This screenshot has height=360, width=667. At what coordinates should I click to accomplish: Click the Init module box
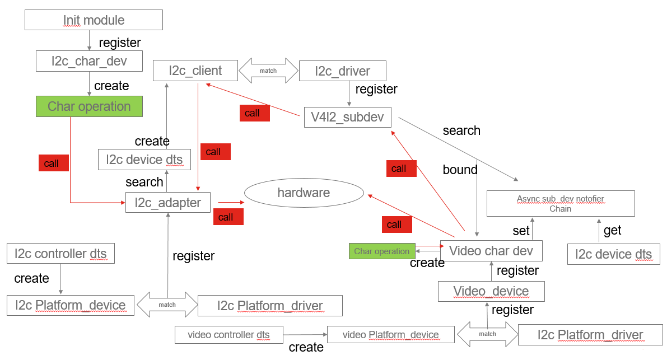click(x=94, y=20)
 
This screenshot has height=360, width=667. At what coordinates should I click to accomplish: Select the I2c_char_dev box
click(x=89, y=61)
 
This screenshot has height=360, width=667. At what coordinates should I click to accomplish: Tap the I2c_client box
click(x=195, y=71)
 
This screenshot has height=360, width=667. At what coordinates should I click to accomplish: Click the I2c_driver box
click(x=342, y=71)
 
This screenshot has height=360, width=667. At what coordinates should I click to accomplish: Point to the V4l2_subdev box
click(x=348, y=118)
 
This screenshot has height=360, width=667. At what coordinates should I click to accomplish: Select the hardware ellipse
click(x=304, y=193)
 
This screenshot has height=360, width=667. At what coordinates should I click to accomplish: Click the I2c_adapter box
click(x=167, y=202)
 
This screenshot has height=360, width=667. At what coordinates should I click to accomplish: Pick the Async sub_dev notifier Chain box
click(x=560, y=204)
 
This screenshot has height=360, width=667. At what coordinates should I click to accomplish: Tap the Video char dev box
click(x=491, y=251)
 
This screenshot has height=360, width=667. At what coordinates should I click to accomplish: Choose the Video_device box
click(x=491, y=291)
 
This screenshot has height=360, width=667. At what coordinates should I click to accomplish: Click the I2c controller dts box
click(x=60, y=254)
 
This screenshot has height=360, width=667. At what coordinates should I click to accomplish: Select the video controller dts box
click(x=228, y=335)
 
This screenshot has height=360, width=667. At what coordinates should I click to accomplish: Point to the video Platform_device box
click(x=391, y=335)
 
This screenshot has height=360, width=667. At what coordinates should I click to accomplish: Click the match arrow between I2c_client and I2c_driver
click(x=268, y=71)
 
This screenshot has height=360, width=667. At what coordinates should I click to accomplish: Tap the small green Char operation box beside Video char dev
click(x=381, y=251)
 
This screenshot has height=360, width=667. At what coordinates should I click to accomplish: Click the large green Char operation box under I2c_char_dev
click(x=89, y=106)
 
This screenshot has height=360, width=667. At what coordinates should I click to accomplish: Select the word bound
click(x=460, y=170)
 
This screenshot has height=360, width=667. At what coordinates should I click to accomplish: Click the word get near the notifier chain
click(x=612, y=230)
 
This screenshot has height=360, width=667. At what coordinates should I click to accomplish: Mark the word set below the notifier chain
click(x=521, y=231)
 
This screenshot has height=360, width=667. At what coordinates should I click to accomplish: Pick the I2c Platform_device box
click(x=71, y=305)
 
